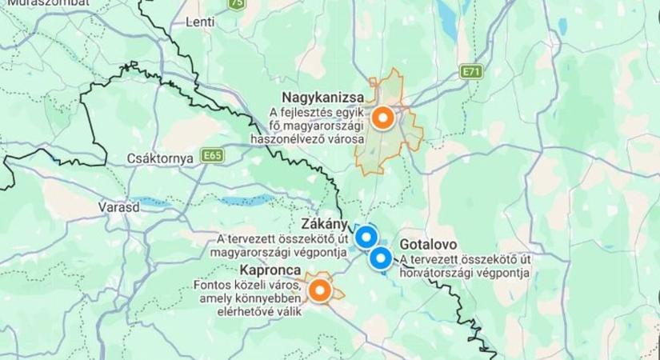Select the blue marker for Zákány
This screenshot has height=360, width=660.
pyautogui.click(x=366, y=237)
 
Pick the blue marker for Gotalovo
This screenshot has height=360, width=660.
pyautogui.click(x=380, y=258)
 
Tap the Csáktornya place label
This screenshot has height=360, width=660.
pyautogui.click(x=160, y=158)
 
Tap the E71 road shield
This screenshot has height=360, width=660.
pyautogui.click(x=474, y=73)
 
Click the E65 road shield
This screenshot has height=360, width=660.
pyautogui.click(x=213, y=154)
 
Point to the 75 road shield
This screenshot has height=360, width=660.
pyautogui.click(x=235, y=3)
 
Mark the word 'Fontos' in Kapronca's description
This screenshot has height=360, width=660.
pyautogui.click(x=211, y=285)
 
